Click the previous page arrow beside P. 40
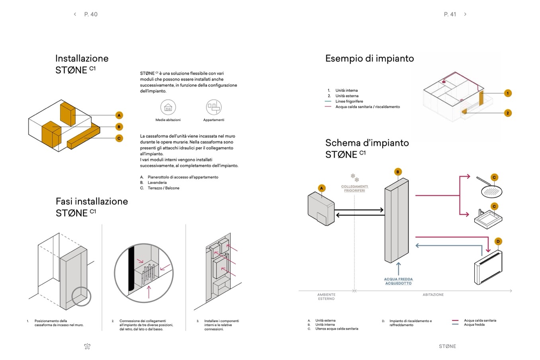pyautogui.click(x=75, y=14)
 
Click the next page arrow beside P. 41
pyautogui.click(x=465, y=14)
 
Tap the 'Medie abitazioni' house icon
pyautogui.click(x=168, y=107)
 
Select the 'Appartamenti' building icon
pyautogui.click(x=213, y=107)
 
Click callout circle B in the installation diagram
pyautogui.click(x=119, y=127)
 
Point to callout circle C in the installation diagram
pyautogui.click(x=119, y=139)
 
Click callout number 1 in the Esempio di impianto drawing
pyautogui.click(x=507, y=93)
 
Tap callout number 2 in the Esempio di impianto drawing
pyautogui.click(x=507, y=113)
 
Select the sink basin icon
pyautogui.click(x=488, y=217)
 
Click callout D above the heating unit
pyautogui.click(x=498, y=241)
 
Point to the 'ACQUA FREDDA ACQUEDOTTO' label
pyautogui.click(x=398, y=281)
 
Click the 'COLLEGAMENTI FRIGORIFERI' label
pyautogui.click(x=354, y=188)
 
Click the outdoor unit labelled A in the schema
pyautogui.click(x=321, y=207)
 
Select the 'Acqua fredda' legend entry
pyautogui.click(x=474, y=325)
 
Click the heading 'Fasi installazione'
pyautogui.click(x=92, y=202)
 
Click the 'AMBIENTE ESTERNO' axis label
pyautogui.click(x=326, y=297)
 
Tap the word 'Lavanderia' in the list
pyautogui.click(x=157, y=183)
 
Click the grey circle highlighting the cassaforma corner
pyautogui.click(x=81, y=296)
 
